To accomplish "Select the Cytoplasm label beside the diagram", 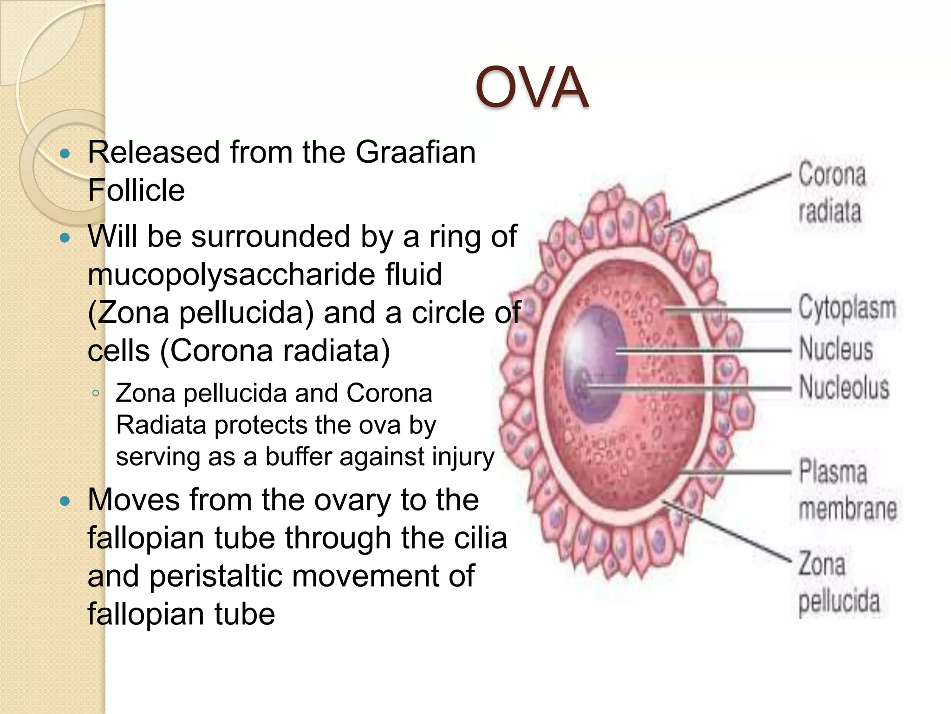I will pyautogui.click(x=847, y=308).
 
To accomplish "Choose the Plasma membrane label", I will pyautogui.click(x=846, y=490).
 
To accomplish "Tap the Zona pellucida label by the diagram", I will pyautogui.click(x=838, y=583).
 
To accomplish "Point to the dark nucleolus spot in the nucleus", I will pyautogui.click(x=581, y=384).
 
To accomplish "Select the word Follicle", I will pyautogui.click(x=136, y=190).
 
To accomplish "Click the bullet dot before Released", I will pyautogui.click(x=65, y=153).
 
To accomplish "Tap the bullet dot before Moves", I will pyautogui.click(x=65, y=501).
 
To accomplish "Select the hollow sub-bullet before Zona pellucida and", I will pyautogui.click(x=96, y=394).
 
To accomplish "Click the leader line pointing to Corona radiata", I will pyautogui.click(x=729, y=200).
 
